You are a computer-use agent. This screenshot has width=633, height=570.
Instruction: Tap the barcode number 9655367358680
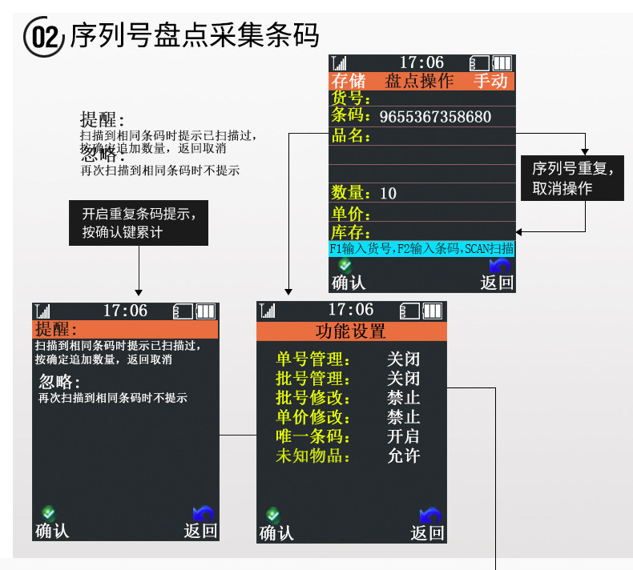pyautogui.click(x=435, y=117)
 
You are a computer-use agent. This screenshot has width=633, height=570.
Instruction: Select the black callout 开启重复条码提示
pyautogui.click(x=139, y=223)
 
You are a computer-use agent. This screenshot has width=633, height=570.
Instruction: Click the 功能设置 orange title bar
pyautogui.click(x=351, y=331)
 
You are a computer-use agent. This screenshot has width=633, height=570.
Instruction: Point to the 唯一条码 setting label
pyautogui.click(x=313, y=436)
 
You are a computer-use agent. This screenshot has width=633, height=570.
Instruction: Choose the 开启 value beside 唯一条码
pyautogui.click(x=403, y=436)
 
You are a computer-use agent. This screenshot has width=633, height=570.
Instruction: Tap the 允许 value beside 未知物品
pyautogui.click(x=403, y=456)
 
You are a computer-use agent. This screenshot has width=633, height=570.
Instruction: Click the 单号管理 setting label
pyautogui.click(x=313, y=359)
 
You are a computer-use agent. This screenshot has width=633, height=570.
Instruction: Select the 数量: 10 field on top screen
pyautogui.click(x=365, y=193)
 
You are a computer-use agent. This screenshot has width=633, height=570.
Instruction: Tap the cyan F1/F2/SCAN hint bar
pyautogui.click(x=421, y=249)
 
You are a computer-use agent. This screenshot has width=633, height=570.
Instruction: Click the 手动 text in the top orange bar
pyautogui.click(x=490, y=81)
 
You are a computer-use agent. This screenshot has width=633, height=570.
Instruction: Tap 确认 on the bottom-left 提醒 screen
pyautogui.click(x=52, y=530)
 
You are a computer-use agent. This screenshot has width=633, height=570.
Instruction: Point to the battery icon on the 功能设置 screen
pyautogui.click(x=433, y=311)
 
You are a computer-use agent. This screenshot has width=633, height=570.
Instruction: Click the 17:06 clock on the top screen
pyautogui.click(x=421, y=62)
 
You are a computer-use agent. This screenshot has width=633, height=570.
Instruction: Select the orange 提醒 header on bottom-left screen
pyautogui.click(x=125, y=329)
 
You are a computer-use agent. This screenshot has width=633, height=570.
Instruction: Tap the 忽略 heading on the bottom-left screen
pyautogui.click(x=59, y=383)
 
